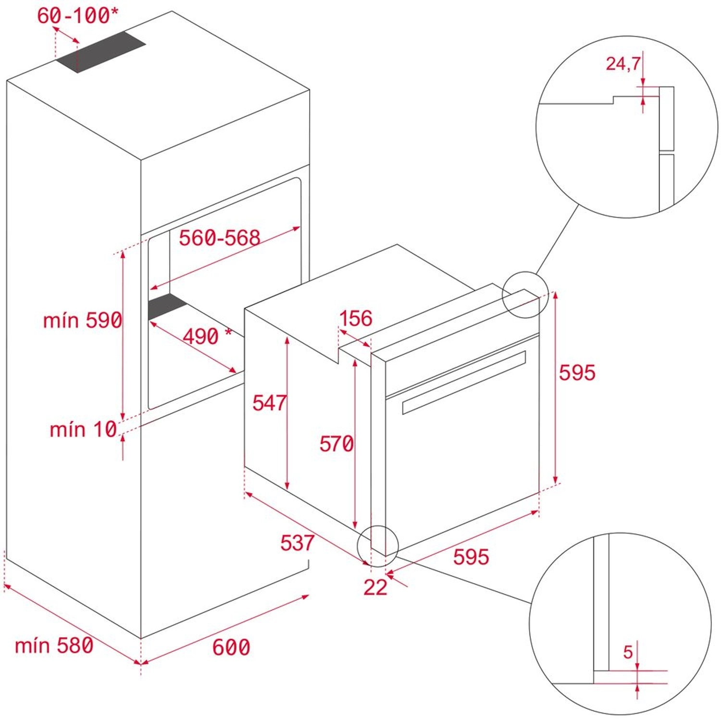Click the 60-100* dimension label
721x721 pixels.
click(x=77, y=15)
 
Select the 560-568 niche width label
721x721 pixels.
click(x=219, y=237)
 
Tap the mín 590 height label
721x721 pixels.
click(x=83, y=320)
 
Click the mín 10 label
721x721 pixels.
click(x=83, y=429)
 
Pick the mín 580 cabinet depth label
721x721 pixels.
click(x=54, y=646)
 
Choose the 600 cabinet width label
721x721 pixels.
click(x=231, y=647)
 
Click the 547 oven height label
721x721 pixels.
click(x=269, y=403)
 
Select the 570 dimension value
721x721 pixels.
click(x=336, y=444)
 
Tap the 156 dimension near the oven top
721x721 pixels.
click(x=356, y=318)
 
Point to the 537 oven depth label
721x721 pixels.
click(x=297, y=543)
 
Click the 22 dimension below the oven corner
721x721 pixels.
click(x=375, y=587)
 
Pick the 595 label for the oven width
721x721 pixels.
click(x=471, y=557)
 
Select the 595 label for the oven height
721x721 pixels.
click(x=577, y=373)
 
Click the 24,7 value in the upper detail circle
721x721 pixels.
click(x=623, y=63)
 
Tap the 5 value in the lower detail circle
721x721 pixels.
click(x=628, y=652)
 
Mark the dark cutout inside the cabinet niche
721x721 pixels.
click(x=166, y=306)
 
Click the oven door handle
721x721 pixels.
click(x=464, y=382)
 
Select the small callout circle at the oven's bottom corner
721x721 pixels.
click(x=378, y=546)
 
